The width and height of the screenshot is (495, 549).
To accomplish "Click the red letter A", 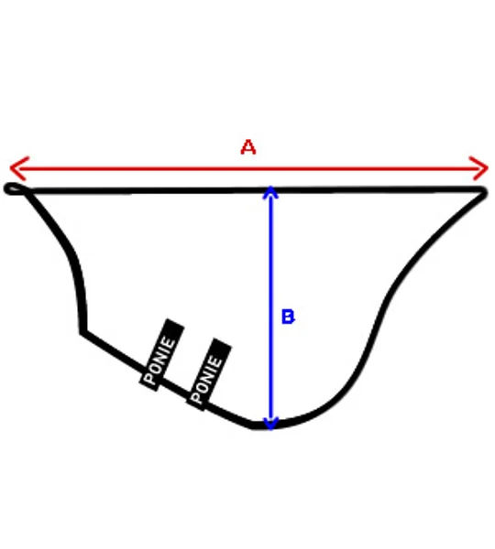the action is tap(248, 147).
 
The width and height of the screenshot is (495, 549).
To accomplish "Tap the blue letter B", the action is tap(288, 317).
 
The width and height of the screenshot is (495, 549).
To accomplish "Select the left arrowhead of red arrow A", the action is tap(18, 168).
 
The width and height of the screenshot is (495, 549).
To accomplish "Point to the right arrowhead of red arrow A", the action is tap(479, 168).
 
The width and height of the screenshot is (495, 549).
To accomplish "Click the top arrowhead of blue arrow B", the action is tap(270, 192).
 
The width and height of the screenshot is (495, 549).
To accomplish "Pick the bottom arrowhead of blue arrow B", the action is tap(270, 424).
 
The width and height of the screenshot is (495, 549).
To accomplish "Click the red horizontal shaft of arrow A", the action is tap(249, 168).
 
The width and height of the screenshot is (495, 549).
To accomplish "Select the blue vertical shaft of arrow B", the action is tap(270, 308).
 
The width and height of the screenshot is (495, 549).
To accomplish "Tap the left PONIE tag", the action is tap(161, 355).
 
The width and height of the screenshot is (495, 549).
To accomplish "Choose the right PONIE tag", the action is tap(208, 374).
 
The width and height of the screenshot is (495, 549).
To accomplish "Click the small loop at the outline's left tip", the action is tap(14, 188).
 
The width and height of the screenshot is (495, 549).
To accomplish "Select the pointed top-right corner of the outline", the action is tap(483, 191).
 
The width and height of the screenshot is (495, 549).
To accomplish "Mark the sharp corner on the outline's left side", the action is tap(82, 332).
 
